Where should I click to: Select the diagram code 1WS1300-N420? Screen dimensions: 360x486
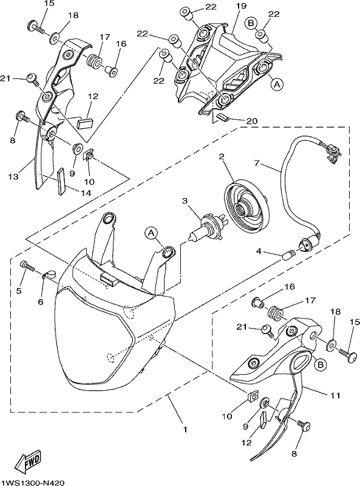tap(33, 482)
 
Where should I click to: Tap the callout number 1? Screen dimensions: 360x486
tap(185, 430)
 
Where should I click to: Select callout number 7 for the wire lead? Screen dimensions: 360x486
tap(256, 163)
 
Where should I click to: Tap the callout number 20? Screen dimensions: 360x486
tap(252, 121)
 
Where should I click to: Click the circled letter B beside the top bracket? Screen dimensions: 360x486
tap(251, 22)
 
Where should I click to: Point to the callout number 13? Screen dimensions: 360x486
tap(13, 177)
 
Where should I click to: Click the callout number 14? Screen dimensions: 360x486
tap(86, 193)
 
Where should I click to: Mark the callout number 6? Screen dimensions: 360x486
tap(41, 301)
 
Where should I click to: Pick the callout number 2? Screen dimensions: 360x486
tap(222, 157)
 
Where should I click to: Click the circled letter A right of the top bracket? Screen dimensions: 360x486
tap(277, 83)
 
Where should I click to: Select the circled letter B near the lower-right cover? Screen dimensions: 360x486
tap(322, 365)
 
